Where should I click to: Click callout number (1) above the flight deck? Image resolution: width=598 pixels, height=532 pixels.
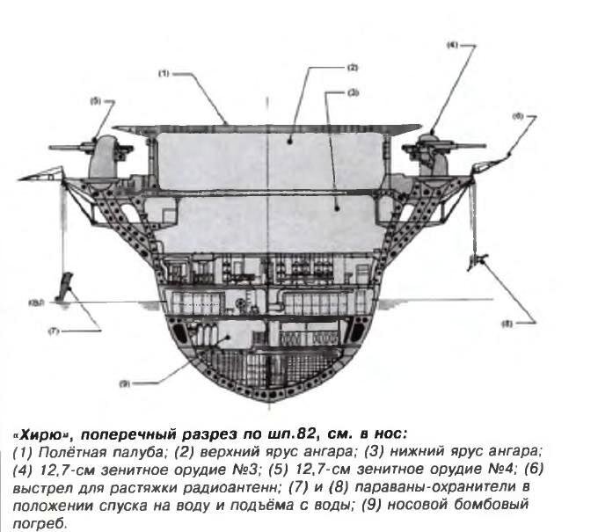[164, 74]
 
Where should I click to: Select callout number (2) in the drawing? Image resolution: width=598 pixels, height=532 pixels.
[353, 68]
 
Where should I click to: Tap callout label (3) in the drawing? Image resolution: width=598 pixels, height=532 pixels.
[354, 92]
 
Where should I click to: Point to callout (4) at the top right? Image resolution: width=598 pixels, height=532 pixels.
[452, 45]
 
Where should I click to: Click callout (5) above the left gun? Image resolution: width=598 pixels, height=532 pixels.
[95, 101]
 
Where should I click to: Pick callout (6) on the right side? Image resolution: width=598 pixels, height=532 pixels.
[517, 117]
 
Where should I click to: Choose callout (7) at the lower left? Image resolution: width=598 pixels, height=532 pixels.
[54, 332]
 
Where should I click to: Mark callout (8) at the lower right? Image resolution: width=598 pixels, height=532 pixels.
[507, 324]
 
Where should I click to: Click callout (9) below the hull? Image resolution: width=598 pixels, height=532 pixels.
[125, 383]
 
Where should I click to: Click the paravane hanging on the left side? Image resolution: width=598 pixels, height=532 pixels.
[64, 286]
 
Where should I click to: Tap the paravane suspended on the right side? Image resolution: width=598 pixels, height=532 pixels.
[477, 261]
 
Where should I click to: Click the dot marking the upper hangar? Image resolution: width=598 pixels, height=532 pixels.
[290, 141]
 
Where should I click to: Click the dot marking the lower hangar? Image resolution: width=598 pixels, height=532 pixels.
[337, 208]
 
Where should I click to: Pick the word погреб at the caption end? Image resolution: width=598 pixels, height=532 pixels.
[40, 523]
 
